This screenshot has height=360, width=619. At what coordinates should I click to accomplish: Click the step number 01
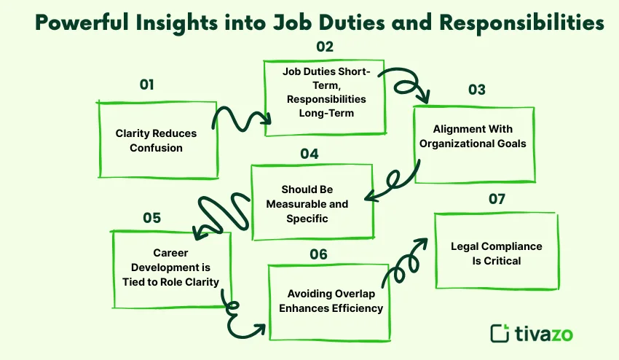click(x=147, y=85)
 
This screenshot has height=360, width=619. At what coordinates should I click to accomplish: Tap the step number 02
click(x=325, y=47)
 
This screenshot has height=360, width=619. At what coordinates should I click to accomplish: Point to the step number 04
click(x=309, y=154)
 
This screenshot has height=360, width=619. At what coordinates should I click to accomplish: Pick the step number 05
click(x=151, y=218)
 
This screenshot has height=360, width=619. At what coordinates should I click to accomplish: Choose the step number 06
click(x=318, y=254)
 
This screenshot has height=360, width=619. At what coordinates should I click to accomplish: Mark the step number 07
click(x=497, y=198)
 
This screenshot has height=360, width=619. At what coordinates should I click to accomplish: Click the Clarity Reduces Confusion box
click(x=157, y=140)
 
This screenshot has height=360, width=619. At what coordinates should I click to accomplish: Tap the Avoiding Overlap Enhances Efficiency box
click(x=330, y=302)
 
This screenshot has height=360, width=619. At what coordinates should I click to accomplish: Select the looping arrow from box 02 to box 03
click(x=408, y=82)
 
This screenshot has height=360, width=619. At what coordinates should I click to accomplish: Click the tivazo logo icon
click(x=500, y=333)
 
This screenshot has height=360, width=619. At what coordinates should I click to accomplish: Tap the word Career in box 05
click(x=172, y=254)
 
